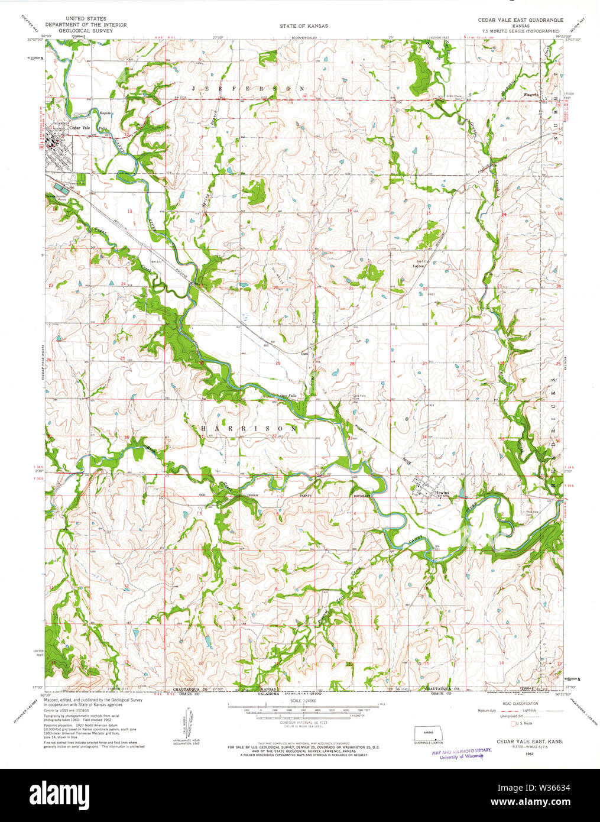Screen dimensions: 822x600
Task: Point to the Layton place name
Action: (x=419, y=266)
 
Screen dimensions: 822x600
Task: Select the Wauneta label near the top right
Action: (x=531, y=94)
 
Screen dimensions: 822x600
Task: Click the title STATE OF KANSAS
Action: (x=304, y=26)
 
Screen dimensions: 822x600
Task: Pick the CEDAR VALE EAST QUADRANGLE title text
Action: (x=520, y=20)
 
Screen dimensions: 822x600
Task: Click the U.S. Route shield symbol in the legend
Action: (x=513, y=723)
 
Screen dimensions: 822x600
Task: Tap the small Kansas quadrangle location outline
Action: (x=427, y=732)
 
